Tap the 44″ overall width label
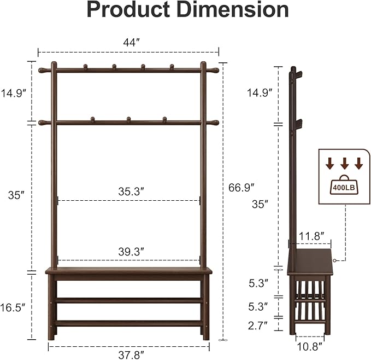(x=128, y=42)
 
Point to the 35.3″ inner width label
(x=131, y=191)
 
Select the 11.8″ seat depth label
(x=309, y=236)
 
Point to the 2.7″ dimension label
(x=257, y=326)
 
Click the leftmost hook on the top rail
(x=85, y=67)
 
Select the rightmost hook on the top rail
(x=172, y=67)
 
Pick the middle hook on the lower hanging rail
(x=128, y=119)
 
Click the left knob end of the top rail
(x=42, y=71)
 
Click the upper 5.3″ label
(x=257, y=283)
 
